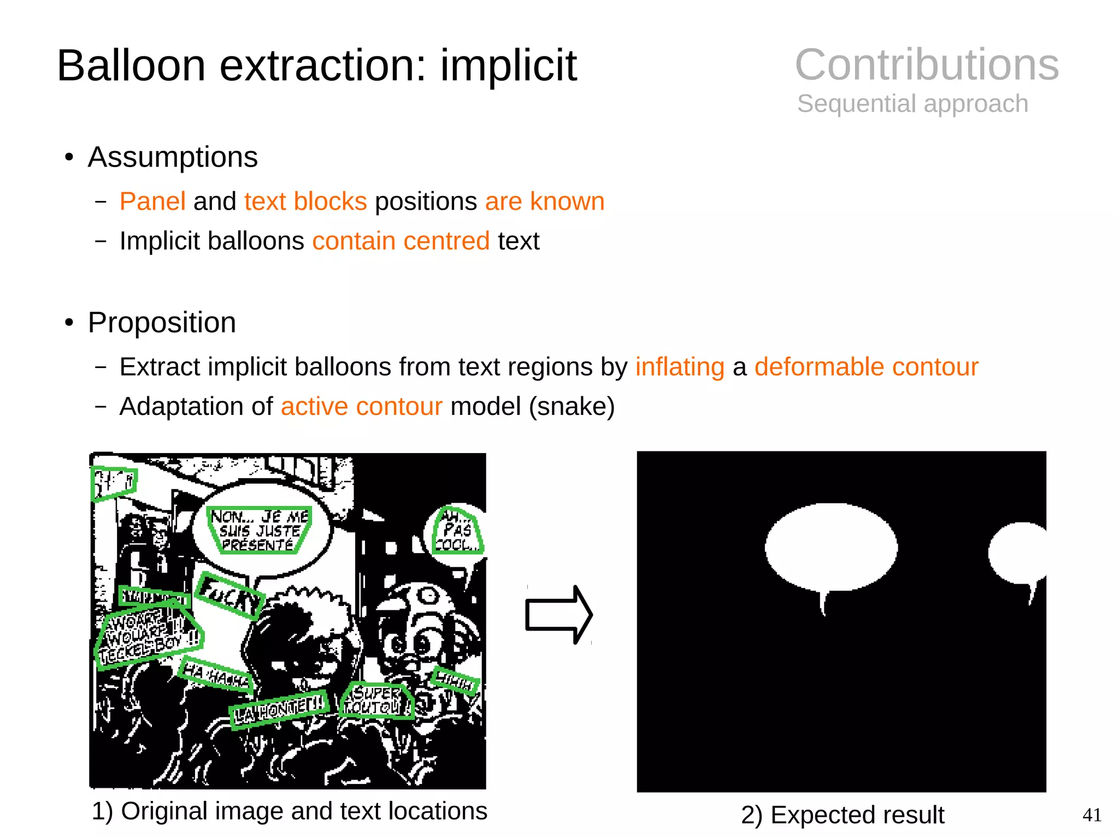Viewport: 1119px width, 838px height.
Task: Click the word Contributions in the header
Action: tap(926, 64)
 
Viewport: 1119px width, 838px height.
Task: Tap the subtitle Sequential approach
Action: tap(912, 104)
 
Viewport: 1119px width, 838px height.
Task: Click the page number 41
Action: tap(1092, 815)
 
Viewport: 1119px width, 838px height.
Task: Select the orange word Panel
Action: tap(152, 201)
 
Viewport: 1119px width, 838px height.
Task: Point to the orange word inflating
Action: tap(679, 367)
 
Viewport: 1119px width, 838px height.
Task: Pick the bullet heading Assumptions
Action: tap(172, 157)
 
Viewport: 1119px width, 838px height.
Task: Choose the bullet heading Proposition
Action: tap(162, 323)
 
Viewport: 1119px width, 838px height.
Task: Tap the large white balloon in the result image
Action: tap(831, 548)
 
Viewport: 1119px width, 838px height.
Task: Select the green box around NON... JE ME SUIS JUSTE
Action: tap(259, 530)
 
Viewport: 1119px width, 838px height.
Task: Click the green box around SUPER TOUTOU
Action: tap(377, 701)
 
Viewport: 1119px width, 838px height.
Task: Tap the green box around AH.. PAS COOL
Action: tap(457, 531)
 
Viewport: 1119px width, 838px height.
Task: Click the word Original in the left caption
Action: tap(166, 811)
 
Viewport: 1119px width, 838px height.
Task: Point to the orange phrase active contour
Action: tap(361, 407)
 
